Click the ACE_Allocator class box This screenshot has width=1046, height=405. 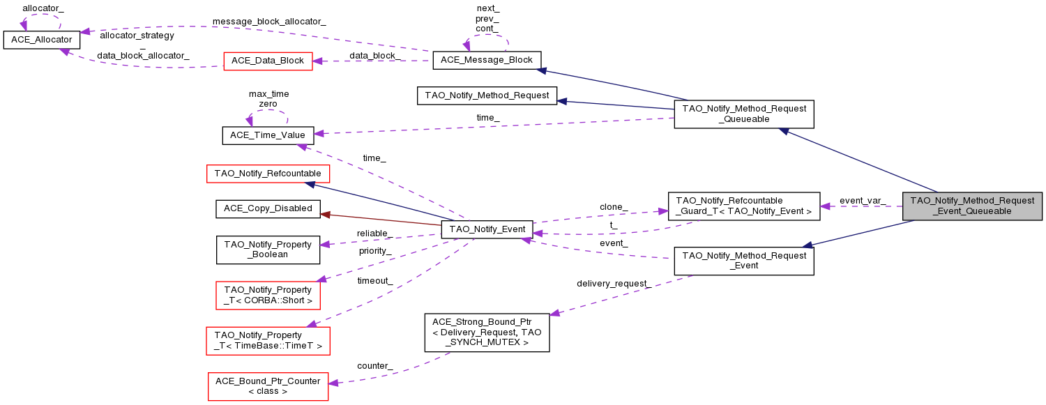pyautogui.click(x=42, y=40)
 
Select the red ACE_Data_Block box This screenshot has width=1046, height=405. pyautogui.click(x=268, y=61)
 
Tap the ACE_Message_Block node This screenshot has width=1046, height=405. pyautogui.click(x=487, y=60)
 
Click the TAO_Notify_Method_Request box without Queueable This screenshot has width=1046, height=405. pyautogui.click(x=487, y=95)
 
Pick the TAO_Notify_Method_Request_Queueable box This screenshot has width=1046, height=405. pyautogui.click(x=744, y=114)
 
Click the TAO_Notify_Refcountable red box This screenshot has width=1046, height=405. pyautogui.click(x=268, y=173)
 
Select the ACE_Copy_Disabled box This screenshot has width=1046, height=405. pyautogui.click(x=268, y=208)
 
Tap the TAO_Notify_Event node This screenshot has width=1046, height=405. pyautogui.click(x=487, y=229)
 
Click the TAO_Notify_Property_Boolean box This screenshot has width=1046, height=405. pyautogui.click(x=268, y=250)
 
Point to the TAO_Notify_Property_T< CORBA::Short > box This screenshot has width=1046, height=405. pyautogui.click(x=268, y=295)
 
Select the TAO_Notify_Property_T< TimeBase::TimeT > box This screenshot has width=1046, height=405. pyautogui.click(x=268, y=340)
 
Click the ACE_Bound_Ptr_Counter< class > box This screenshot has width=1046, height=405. pyautogui.click(x=268, y=386)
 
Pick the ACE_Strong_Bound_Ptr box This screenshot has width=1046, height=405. pyautogui.click(x=487, y=332)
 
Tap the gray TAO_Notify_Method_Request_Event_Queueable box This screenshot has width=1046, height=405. pyautogui.click(x=972, y=206)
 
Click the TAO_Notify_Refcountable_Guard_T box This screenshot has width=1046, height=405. pyautogui.click(x=744, y=206)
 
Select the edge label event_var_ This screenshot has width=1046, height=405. pyautogui.click(x=862, y=201)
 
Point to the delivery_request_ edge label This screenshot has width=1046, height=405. pyautogui.click(x=614, y=284)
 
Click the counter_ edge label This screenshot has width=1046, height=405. pyautogui.click(x=374, y=366)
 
